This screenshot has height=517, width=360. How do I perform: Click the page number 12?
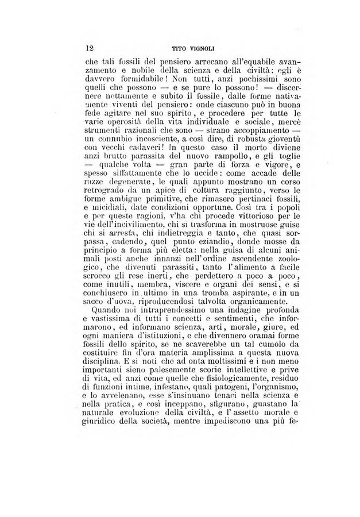tap(89, 49)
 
